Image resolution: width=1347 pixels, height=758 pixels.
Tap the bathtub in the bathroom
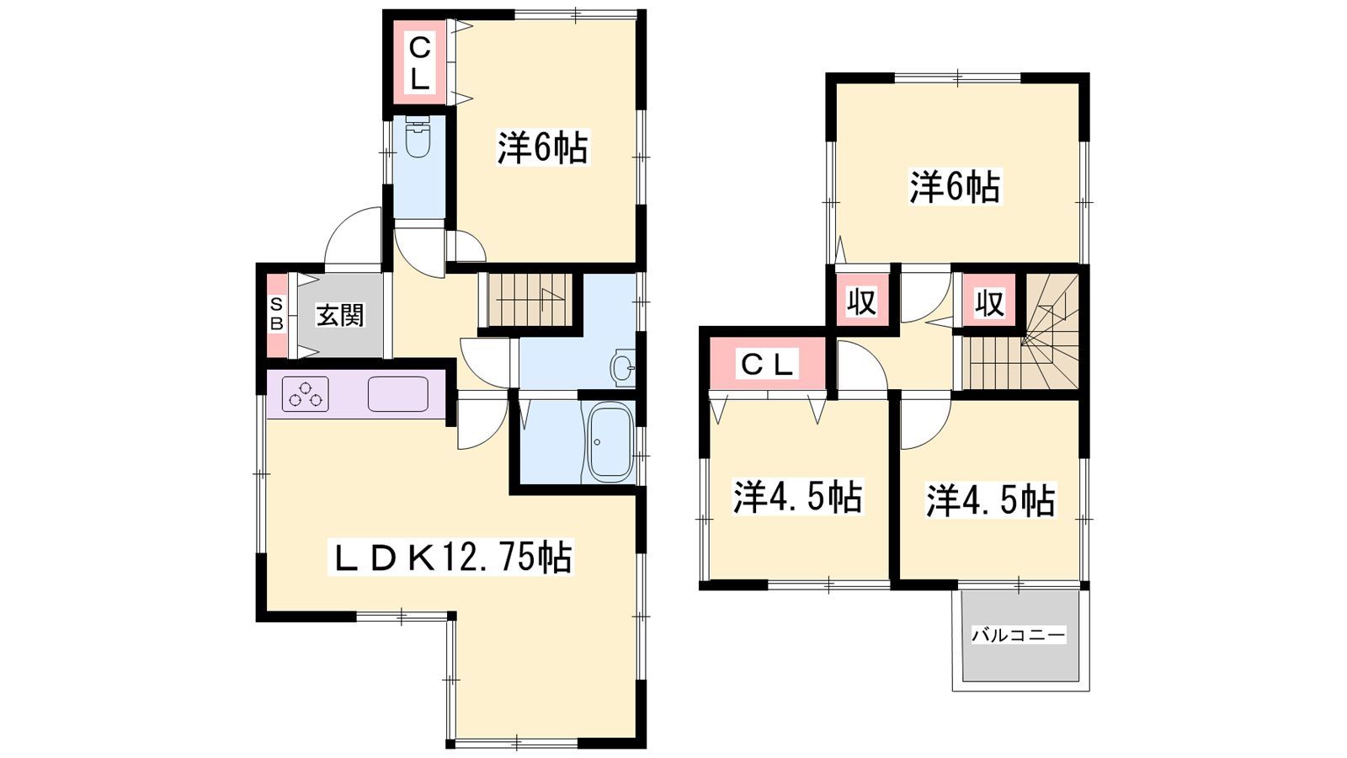(x=610, y=440)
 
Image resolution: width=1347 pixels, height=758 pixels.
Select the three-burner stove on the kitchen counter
(x=306, y=394)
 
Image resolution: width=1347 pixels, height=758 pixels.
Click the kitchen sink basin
(x=398, y=394)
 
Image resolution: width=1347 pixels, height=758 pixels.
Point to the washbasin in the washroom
(x=623, y=366)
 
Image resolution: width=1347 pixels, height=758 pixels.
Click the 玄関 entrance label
(x=340, y=315)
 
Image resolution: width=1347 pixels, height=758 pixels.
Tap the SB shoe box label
(x=277, y=315)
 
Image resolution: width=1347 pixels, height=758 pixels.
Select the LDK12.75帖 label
(x=450, y=557)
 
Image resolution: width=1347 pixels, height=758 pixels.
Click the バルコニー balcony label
(x=1019, y=635)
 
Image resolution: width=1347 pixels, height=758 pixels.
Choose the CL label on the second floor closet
(x=767, y=364)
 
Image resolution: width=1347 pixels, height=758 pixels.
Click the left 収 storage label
(x=862, y=302)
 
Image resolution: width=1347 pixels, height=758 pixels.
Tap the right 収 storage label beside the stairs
(x=990, y=302)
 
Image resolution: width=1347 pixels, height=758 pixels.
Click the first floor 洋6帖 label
(x=542, y=147)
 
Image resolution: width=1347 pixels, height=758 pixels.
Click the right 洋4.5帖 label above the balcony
(x=991, y=500)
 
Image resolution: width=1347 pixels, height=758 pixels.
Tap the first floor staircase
(x=530, y=301)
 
